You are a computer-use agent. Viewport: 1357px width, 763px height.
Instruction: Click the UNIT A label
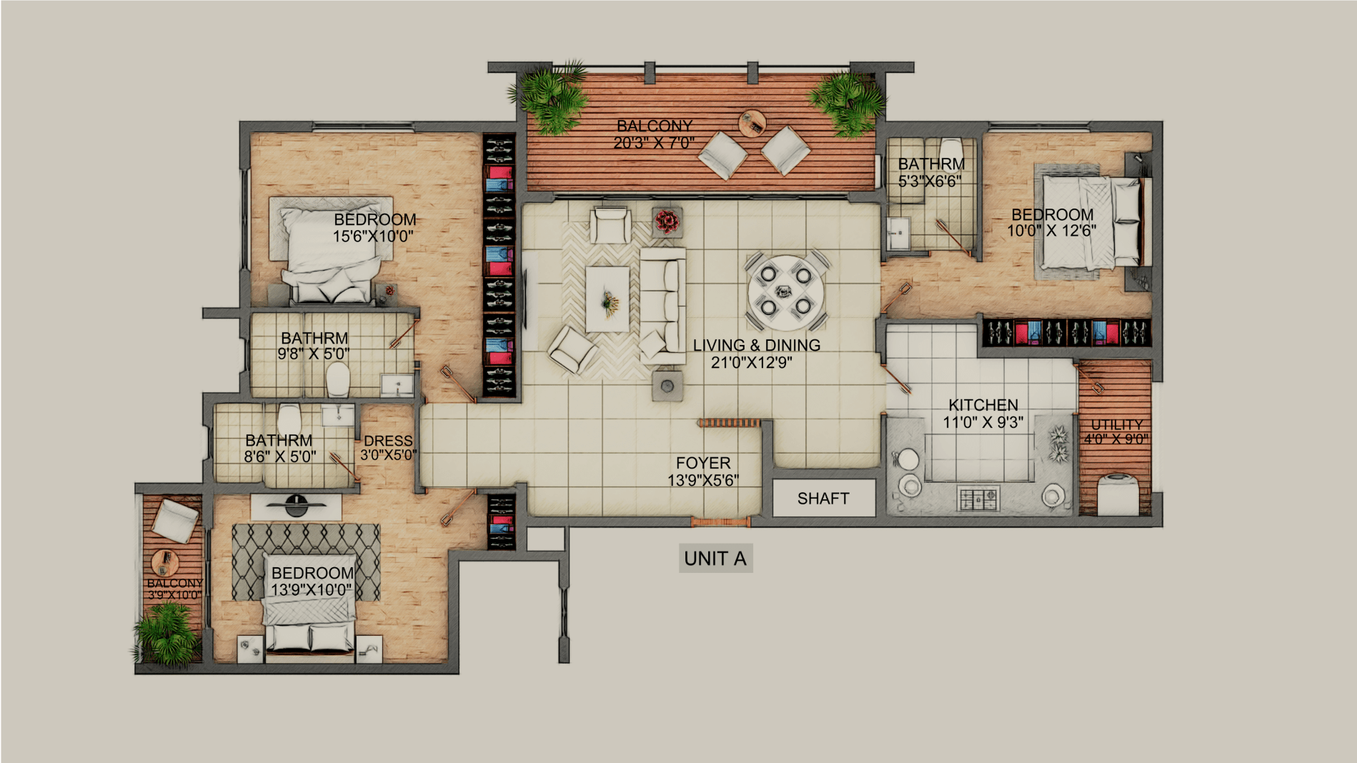tap(715, 559)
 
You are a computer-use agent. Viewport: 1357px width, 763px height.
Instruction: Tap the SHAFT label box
tap(824, 498)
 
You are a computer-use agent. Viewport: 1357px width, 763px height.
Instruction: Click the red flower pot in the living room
tap(667, 221)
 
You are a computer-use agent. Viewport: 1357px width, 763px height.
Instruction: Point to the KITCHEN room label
tap(983, 405)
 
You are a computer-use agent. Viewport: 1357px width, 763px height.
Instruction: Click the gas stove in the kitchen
tap(979, 497)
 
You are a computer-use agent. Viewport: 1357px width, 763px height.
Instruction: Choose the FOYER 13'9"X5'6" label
tap(703, 472)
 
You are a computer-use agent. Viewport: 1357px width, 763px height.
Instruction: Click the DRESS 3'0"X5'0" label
tap(388, 448)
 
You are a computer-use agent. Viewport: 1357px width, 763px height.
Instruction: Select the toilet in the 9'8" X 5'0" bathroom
tap(337, 379)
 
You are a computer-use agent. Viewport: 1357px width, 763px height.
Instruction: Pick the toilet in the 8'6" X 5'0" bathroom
tap(289, 419)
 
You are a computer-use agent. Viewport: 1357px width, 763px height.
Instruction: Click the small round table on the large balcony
tap(752, 123)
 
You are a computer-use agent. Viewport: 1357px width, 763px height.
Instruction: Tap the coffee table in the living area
tap(607, 299)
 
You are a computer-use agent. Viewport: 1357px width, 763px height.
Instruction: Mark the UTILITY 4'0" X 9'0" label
tap(1116, 432)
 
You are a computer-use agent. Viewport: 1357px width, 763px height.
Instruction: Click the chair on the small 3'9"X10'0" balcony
tap(174, 521)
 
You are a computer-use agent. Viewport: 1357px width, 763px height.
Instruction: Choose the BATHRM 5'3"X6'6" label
tap(931, 173)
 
